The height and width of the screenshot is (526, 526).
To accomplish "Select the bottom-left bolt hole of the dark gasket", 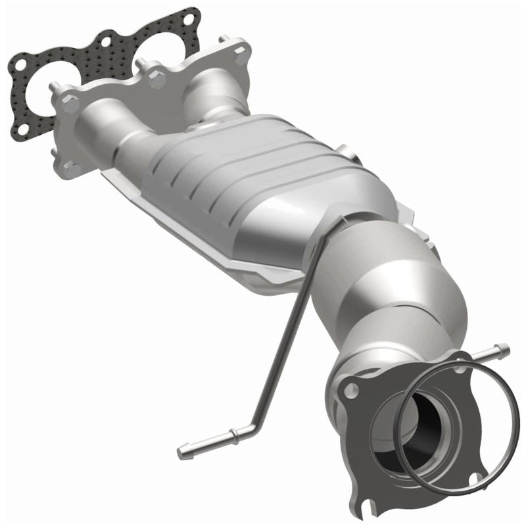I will click(21, 129).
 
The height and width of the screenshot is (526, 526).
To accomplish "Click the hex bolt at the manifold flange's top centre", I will click(156, 80).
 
